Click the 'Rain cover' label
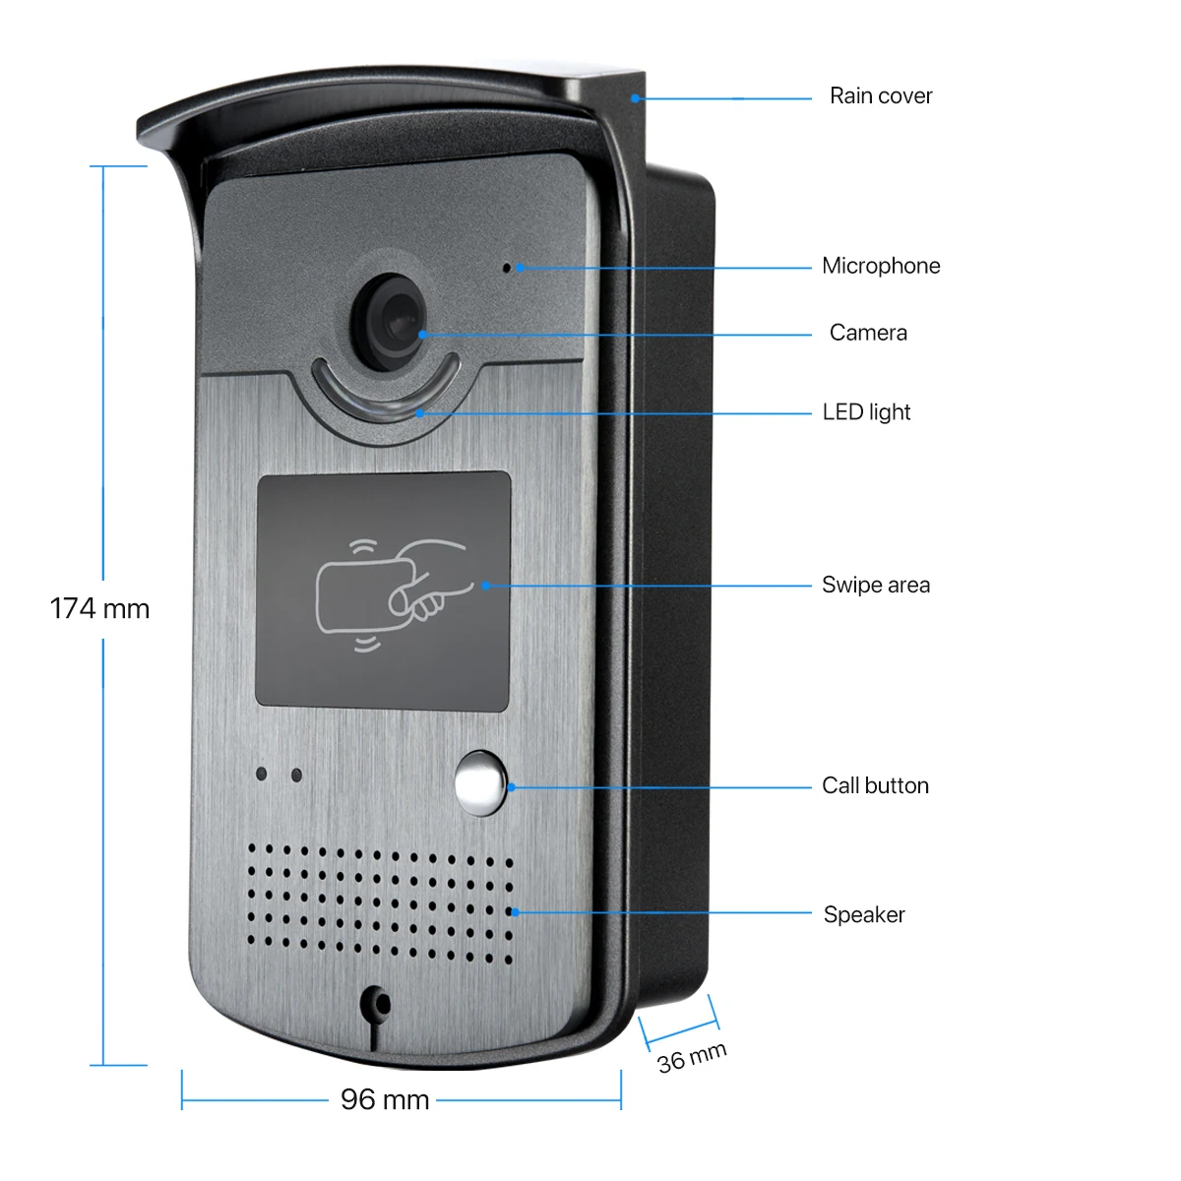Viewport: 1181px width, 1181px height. tap(880, 96)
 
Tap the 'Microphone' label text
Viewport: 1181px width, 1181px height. tap(881, 266)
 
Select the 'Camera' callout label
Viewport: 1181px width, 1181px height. tap(868, 333)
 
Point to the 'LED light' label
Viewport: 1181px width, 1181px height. tap(866, 412)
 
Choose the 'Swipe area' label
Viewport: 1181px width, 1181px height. tap(876, 586)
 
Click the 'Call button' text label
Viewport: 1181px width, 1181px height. tap(875, 785)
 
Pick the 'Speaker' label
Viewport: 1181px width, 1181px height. tap(864, 915)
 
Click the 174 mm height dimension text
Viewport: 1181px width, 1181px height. tap(99, 609)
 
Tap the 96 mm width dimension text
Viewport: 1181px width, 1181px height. tap(385, 1099)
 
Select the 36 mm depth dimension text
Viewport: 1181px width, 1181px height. tap(692, 1058)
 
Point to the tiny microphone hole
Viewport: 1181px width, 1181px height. tap(508, 267)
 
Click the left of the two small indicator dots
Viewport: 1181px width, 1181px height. tap(262, 774)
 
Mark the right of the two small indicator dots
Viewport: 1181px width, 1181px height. tap(296, 776)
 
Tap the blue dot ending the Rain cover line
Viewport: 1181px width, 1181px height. tap(636, 98)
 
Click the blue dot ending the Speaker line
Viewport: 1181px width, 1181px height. tap(515, 912)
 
